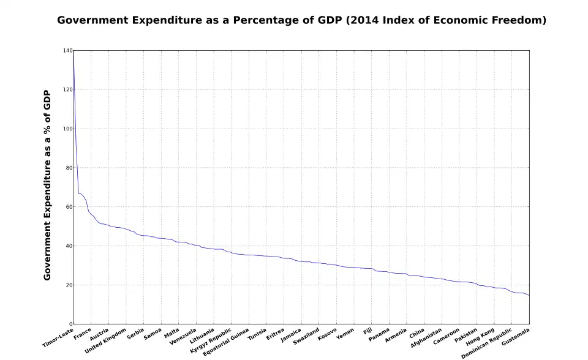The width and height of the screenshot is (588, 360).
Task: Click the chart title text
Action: coord(301,20)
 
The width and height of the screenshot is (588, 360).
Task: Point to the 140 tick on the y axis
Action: coord(68,51)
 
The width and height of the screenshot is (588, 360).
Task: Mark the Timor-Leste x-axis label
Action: coord(58,338)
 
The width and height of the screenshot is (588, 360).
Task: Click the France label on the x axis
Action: coord(82,334)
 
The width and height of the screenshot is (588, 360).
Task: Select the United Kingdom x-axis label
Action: coord(106,340)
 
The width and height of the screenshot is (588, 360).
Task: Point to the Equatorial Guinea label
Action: coord(226,343)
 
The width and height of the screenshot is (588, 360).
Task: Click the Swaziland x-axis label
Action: coord(306,336)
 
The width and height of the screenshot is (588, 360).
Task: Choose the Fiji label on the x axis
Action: coord(367,331)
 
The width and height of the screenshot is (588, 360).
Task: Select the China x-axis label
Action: coord(417,332)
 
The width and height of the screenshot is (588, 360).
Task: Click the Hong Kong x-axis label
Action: coord(480,336)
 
